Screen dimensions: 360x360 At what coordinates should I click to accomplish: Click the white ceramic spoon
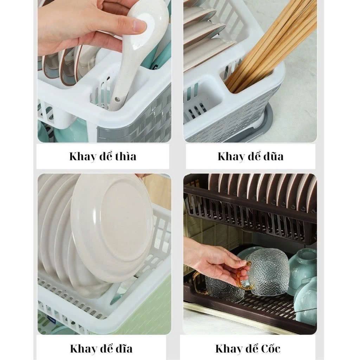coord(135,53)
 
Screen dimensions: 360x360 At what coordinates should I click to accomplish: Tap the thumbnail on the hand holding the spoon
coord(139,25)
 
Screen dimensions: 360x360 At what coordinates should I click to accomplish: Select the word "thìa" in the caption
coord(126,156)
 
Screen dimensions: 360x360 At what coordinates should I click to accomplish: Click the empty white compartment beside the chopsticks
coord(203,101)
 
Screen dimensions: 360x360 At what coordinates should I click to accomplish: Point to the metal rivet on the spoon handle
coord(117,99)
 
